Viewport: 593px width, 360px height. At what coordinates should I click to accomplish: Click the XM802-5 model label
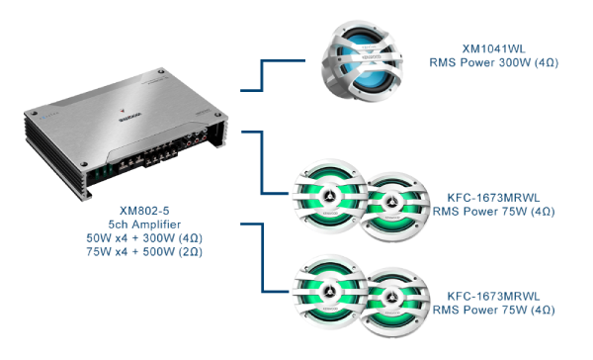144,211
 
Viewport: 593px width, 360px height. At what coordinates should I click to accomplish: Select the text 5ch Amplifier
144,225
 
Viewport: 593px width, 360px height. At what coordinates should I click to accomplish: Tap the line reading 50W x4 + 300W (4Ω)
144,238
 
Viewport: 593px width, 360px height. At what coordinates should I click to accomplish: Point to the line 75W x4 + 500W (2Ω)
144,252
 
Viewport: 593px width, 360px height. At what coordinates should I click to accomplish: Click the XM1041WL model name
493,48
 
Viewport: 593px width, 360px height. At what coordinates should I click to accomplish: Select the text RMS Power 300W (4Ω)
493,62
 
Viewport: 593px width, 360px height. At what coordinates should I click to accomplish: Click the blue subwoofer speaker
362,60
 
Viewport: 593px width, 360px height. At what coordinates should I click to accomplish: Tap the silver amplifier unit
126,134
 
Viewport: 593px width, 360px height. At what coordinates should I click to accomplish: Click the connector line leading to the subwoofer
262,75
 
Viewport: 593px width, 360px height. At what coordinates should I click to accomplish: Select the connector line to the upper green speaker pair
262,163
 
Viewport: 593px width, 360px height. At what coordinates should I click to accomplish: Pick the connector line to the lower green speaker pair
262,257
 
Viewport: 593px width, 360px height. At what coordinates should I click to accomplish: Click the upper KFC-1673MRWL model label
493,198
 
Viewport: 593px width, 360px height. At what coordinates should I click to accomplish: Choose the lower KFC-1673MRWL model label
493,296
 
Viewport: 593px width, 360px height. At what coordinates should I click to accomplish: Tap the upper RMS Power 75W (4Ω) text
493,212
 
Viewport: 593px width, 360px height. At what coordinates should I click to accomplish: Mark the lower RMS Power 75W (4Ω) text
493,310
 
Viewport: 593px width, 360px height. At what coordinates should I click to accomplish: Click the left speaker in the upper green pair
329,196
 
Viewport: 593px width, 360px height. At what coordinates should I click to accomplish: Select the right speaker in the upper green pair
393,207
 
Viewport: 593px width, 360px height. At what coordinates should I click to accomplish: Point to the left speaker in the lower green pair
329,292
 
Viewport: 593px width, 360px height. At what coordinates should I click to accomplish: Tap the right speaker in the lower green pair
393,302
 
